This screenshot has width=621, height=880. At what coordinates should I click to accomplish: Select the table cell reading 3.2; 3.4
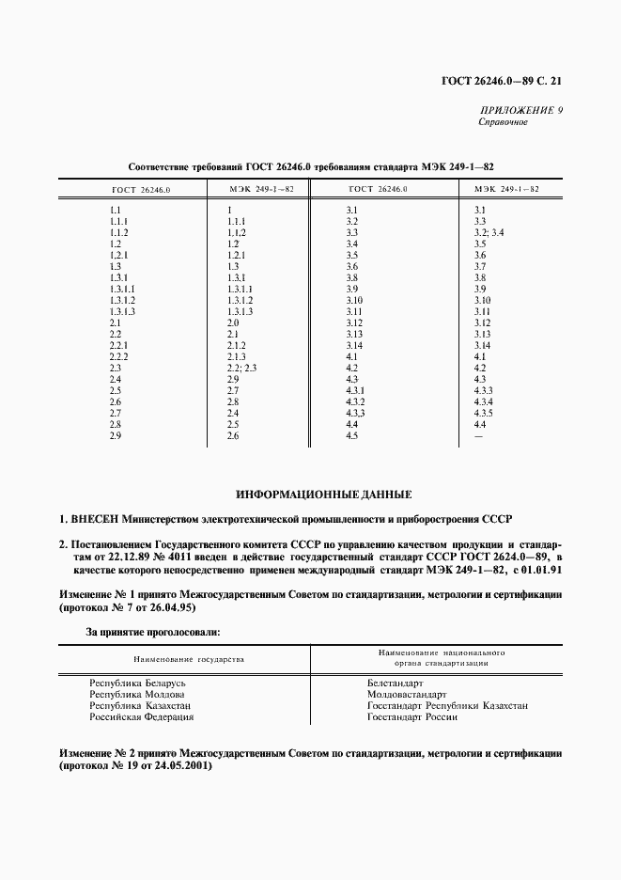tap(489, 232)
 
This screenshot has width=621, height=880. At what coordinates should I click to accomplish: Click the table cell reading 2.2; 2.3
tap(241, 369)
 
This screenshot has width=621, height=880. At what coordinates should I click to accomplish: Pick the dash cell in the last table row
tap(480, 436)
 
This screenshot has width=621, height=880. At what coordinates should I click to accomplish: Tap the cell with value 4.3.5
tap(484, 414)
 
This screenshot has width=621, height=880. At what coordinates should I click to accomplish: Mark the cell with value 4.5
tap(353, 436)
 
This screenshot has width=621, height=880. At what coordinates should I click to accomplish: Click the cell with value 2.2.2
tap(118, 357)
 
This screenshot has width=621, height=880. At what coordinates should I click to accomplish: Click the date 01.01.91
tap(541, 569)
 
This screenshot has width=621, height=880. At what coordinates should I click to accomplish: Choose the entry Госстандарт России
tap(412, 717)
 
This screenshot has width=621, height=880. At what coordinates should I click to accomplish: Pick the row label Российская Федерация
tap(141, 717)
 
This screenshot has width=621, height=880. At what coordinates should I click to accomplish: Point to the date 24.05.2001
tap(179, 765)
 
